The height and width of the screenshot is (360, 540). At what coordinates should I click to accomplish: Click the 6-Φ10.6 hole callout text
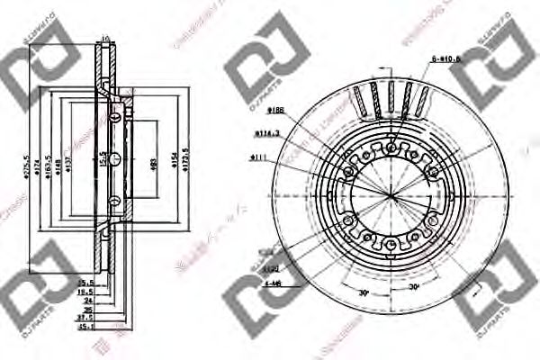(446, 59)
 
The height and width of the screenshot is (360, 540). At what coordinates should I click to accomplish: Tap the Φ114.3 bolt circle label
(266, 133)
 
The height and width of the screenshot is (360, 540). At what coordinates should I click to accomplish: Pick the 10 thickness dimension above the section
(105, 39)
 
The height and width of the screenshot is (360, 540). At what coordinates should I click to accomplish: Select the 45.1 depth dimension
(85, 328)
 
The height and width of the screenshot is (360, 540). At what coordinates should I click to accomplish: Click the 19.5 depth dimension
(85, 292)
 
